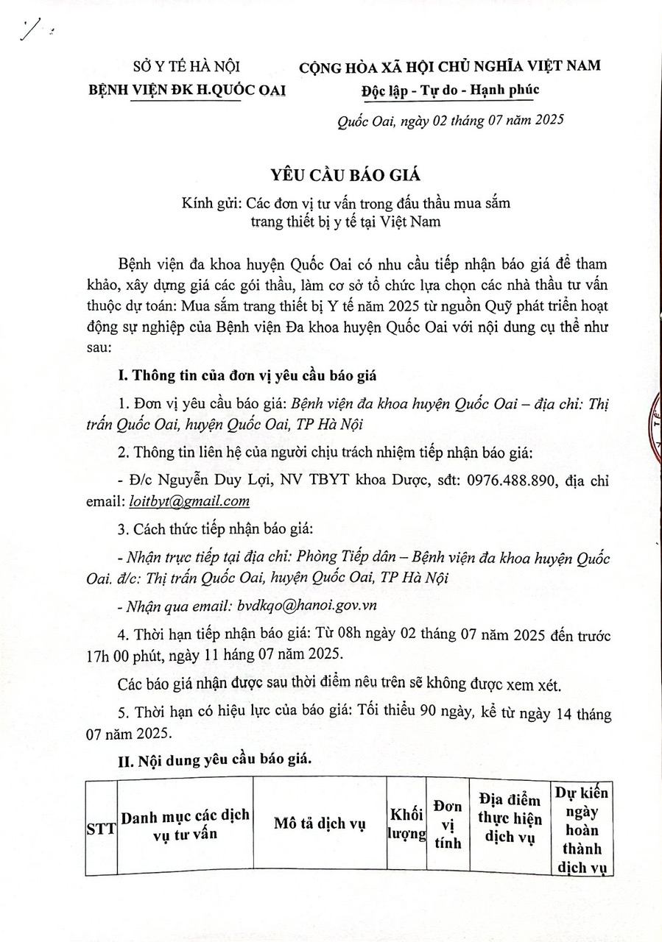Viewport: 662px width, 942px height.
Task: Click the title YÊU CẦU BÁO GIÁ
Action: pyautogui.click(x=331, y=174)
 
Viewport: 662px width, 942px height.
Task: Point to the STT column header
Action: pyautogui.click(x=101, y=828)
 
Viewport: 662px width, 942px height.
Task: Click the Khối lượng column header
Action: pyautogui.click(x=407, y=824)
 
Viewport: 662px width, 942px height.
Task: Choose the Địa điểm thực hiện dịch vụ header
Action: pyautogui.click(x=510, y=818)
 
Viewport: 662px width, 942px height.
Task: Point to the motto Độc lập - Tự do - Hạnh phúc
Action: pyautogui.click(x=451, y=90)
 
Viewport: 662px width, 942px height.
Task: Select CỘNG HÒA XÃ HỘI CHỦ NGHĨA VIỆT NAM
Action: pyautogui.click(x=449, y=66)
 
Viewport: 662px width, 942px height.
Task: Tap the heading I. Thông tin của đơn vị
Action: pyautogui.click(x=247, y=376)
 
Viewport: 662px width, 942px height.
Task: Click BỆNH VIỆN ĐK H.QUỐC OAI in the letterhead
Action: pyautogui.click(x=187, y=90)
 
